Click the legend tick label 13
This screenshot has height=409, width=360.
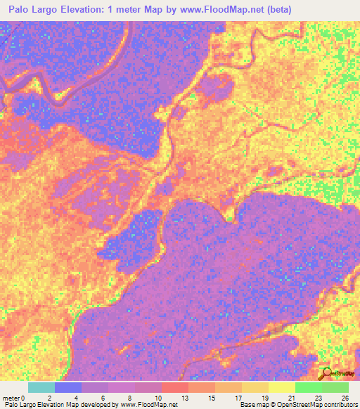[x=186, y=396]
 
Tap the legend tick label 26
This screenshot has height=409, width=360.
[x=345, y=396]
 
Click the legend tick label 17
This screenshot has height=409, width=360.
[x=240, y=396]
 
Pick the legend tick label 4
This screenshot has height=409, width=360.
[x=77, y=396]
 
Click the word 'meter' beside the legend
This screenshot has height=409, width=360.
[x=12, y=396]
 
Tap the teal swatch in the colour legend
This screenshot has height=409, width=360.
[x=41, y=387]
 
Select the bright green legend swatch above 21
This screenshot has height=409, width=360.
[x=308, y=387]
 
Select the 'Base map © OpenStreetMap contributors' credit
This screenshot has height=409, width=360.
[x=298, y=405]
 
